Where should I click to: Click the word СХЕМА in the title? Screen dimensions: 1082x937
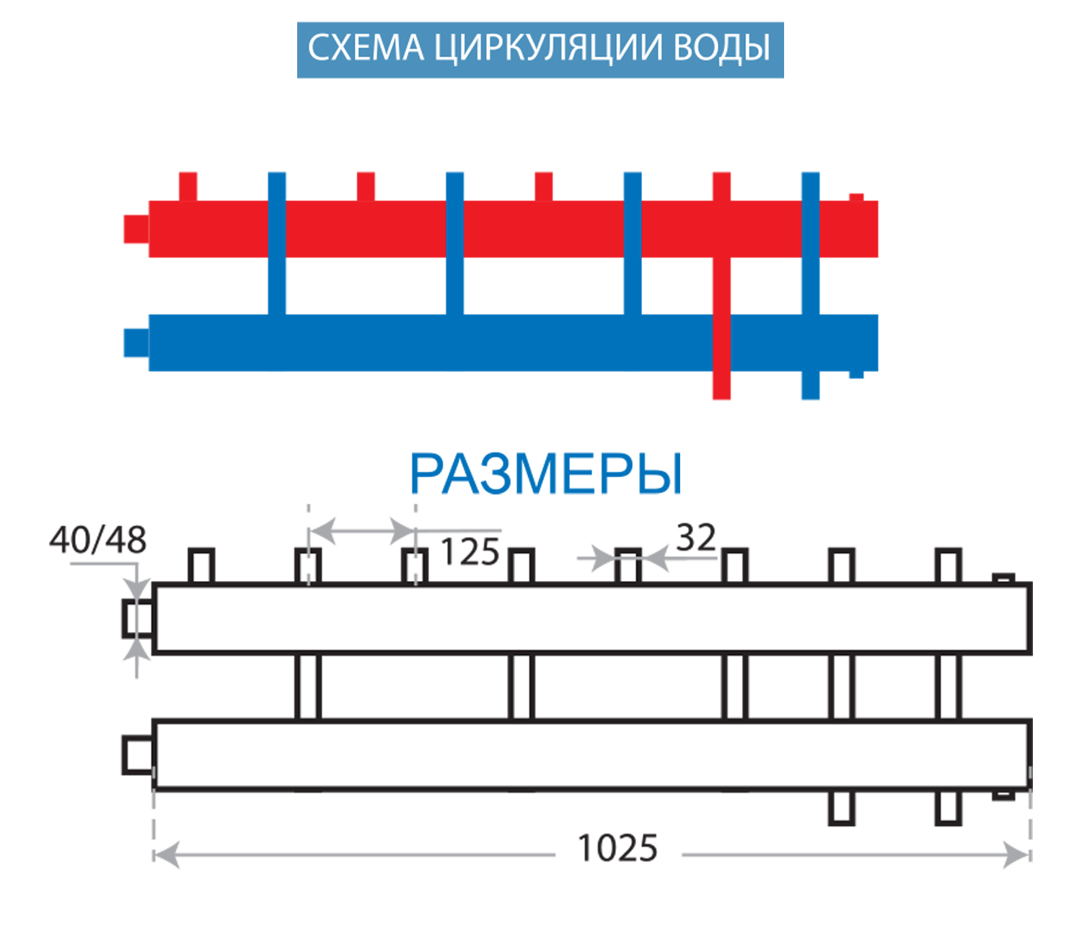pyautogui.click(x=366, y=48)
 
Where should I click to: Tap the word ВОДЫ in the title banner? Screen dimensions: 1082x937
pyautogui.click(x=722, y=48)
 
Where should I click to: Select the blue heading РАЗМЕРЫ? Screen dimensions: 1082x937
pyautogui.click(x=546, y=474)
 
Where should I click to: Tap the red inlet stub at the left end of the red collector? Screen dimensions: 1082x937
pyautogui.click(x=136, y=229)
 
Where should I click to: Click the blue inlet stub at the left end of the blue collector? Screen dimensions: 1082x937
pyautogui.click(x=136, y=342)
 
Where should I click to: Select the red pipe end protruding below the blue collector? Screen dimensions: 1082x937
pyautogui.click(x=721, y=385)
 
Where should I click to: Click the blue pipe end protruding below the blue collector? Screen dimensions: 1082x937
pyautogui.click(x=810, y=385)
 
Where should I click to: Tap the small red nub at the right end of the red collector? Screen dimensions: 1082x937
pyautogui.click(x=856, y=197)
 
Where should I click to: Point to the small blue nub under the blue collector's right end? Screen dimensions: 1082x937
pyautogui.click(x=856, y=374)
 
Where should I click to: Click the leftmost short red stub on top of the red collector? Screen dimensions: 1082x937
pyautogui.click(x=188, y=186)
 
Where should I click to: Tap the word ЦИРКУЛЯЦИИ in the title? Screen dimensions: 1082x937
pyautogui.click(x=548, y=49)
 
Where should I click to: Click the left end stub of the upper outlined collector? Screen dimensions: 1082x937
pyautogui.click(x=138, y=619)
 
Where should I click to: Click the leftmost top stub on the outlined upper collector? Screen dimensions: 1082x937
pyautogui.click(x=201, y=566)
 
